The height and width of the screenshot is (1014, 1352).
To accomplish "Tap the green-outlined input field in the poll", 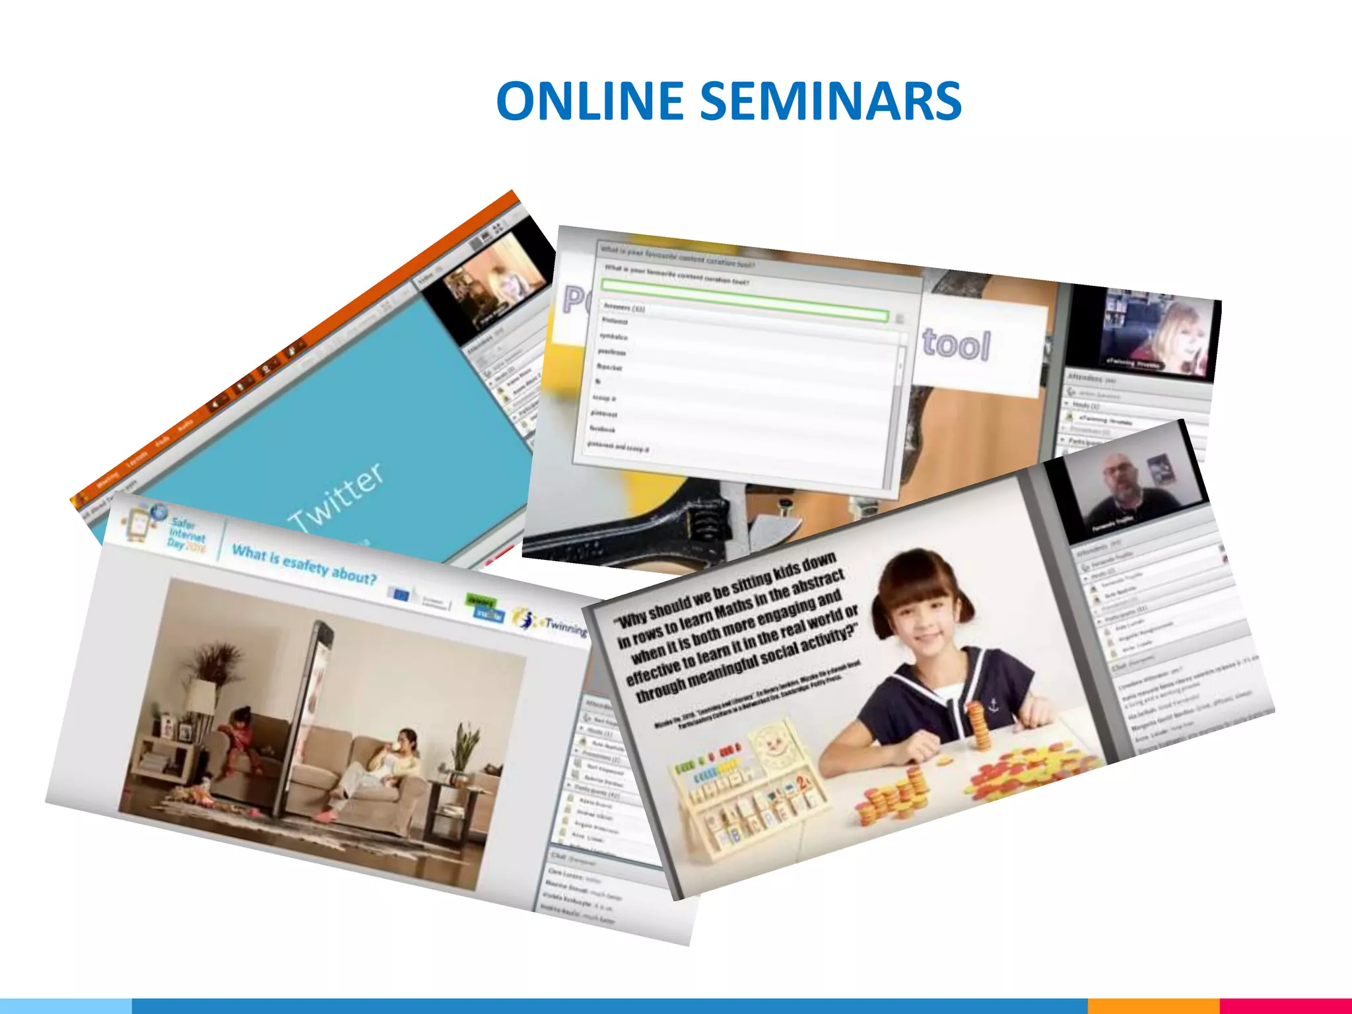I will [743, 300].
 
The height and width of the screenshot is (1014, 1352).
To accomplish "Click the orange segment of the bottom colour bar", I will [1153, 1006].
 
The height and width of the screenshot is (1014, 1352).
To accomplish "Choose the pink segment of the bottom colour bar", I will [1285, 1006].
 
